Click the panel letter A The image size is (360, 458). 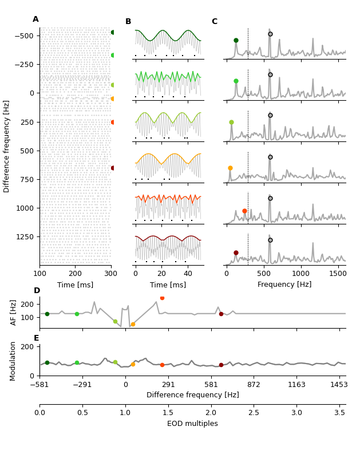point(35,19)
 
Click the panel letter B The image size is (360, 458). point(128,22)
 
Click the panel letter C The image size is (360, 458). point(214,22)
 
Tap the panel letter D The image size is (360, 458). point(37,291)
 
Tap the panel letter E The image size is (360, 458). point(37,338)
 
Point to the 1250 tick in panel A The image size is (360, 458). point(25,236)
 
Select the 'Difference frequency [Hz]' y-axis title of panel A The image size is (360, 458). point(7,146)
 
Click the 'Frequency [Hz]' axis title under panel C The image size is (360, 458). point(284,285)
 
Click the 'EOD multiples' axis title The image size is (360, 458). point(192,424)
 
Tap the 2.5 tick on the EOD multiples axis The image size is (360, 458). point(254,413)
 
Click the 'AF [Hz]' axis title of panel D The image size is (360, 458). point(14,312)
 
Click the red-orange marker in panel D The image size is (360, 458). point(162,298)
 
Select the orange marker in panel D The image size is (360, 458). point(133,324)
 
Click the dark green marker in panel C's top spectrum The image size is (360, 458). point(236,40)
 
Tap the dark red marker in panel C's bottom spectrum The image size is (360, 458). point(236,252)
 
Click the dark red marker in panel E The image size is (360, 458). point(221,365)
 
